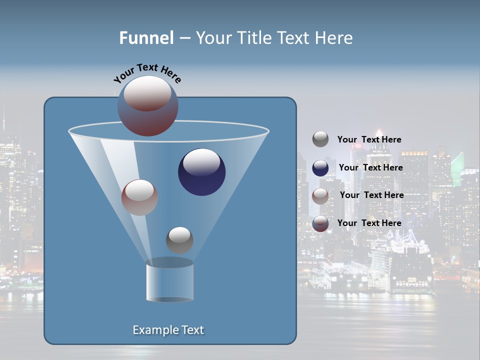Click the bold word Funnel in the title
(146, 38)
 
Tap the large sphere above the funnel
(148, 106)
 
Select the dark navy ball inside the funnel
(202, 172)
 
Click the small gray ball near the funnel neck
(179, 240)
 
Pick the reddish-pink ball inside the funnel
(139, 197)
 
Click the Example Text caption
(168, 330)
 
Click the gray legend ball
(320, 139)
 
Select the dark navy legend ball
(320, 167)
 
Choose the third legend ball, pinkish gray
(320, 195)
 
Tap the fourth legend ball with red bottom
(320, 223)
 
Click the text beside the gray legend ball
(369, 139)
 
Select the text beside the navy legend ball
(370, 167)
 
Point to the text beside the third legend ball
(371, 195)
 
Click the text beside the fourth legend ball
(369, 223)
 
